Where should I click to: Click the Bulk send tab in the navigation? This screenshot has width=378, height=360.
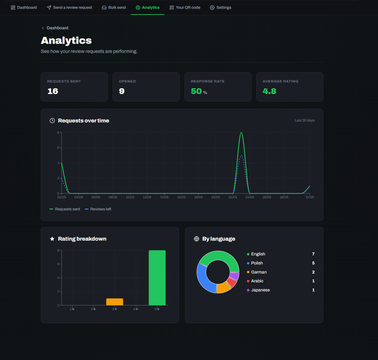(x=114, y=8)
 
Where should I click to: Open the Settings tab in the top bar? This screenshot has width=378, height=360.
(x=220, y=8)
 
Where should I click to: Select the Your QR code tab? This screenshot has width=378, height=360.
(x=185, y=8)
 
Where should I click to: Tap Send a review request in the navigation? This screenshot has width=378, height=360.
(x=69, y=8)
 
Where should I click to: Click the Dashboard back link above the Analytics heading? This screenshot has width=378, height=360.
(x=55, y=28)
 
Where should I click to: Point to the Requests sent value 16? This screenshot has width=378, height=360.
(x=53, y=91)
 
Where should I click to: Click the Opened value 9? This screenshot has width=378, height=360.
(x=122, y=91)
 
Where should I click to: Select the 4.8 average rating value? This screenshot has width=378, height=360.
(x=269, y=91)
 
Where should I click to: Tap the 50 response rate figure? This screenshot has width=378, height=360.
(x=196, y=91)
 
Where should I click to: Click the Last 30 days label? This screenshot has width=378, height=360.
(x=305, y=120)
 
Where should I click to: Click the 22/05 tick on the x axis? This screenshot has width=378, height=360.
(x=233, y=197)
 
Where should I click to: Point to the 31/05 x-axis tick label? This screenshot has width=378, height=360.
(x=310, y=197)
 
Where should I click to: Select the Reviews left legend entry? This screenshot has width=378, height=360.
(x=98, y=209)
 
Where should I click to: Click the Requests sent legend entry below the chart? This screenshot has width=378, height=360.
(x=65, y=209)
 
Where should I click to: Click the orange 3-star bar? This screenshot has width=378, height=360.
(x=115, y=302)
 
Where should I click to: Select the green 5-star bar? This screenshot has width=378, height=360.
(x=157, y=278)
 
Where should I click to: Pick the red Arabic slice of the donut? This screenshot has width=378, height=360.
(x=232, y=282)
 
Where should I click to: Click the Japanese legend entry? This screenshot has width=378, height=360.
(x=258, y=290)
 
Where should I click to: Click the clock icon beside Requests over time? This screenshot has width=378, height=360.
(x=52, y=121)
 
